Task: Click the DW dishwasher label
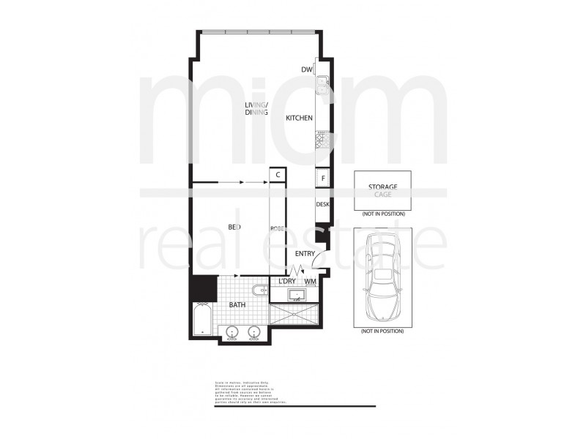(307, 70)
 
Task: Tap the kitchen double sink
(322, 87)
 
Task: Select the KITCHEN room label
(299, 118)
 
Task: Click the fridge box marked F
(322, 178)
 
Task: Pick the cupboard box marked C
(278, 175)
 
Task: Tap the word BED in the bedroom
(234, 228)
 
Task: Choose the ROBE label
(277, 228)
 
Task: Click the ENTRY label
(305, 254)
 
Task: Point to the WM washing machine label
(310, 281)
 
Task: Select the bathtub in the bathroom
(202, 319)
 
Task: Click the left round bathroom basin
(232, 333)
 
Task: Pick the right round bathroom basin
(254, 333)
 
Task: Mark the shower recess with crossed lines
(295, 317)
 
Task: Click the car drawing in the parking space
(381, 277)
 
